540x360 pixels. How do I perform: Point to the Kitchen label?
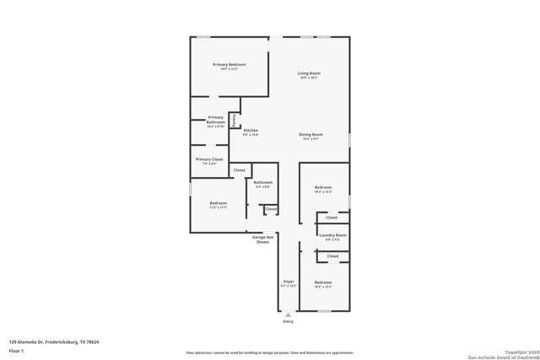(251, 132)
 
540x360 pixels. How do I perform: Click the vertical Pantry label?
(234, 121)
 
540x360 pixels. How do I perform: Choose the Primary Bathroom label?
(216, 120)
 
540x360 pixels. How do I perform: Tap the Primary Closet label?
(209, 160)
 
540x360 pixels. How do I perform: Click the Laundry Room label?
(332, 237)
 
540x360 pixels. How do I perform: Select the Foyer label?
(289, 282)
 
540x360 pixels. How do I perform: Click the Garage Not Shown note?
(262, 239)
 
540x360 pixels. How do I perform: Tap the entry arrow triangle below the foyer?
(289, 314)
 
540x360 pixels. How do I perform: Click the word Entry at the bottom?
(289, 321)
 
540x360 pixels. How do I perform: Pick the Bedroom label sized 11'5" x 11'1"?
(218, 204)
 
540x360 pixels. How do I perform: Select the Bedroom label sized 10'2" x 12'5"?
(323, 189)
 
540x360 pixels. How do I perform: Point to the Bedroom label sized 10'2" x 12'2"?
(323, 284)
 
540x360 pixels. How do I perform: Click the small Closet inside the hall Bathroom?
(271, 208)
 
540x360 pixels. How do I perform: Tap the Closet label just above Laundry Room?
(332, 218)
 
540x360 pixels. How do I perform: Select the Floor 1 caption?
(16, 349)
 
